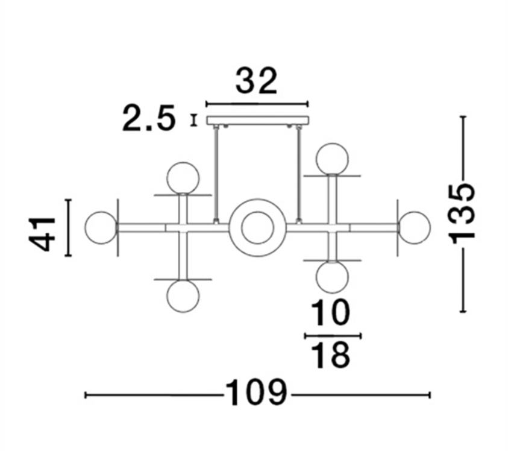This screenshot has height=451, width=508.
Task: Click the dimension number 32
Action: (x=256, y=81)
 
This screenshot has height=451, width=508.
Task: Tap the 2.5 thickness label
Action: (x=149, y=118)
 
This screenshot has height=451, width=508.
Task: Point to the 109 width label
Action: (x=256, y=393)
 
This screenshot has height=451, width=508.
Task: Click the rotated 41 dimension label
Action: (x=42, y=234)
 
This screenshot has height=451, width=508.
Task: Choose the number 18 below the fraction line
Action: (x=331, y=355)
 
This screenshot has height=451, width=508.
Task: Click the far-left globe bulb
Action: (x=101, y=227)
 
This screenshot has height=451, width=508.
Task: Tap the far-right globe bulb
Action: (x=415, y=227)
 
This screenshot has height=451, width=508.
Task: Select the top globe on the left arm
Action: (x=183, y=178)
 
